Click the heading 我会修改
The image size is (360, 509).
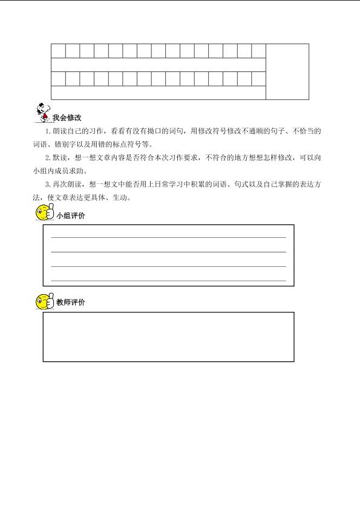(67, 117)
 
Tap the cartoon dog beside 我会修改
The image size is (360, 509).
(41, 112)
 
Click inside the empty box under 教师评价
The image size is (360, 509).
(168, 337)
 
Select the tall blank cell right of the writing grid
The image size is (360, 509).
(287, 71)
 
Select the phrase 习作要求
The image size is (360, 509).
(186, 158)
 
